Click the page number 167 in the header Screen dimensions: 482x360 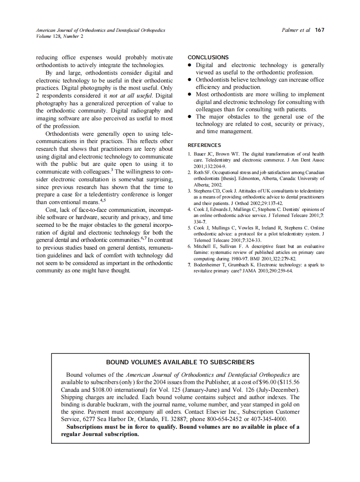coord(319,30)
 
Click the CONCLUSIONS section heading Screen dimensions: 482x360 coord(208,57)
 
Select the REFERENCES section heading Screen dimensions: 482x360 coord(204,145)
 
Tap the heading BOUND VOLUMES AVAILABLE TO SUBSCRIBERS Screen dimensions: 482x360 coord(180,362)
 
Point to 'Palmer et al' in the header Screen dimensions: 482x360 coord(296,30)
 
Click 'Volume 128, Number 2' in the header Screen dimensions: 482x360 coord(60,36)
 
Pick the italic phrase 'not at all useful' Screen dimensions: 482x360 coord(131,95)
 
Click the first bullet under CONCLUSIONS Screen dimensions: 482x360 coord(190,65)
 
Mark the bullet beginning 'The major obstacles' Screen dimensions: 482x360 coord(190,117)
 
